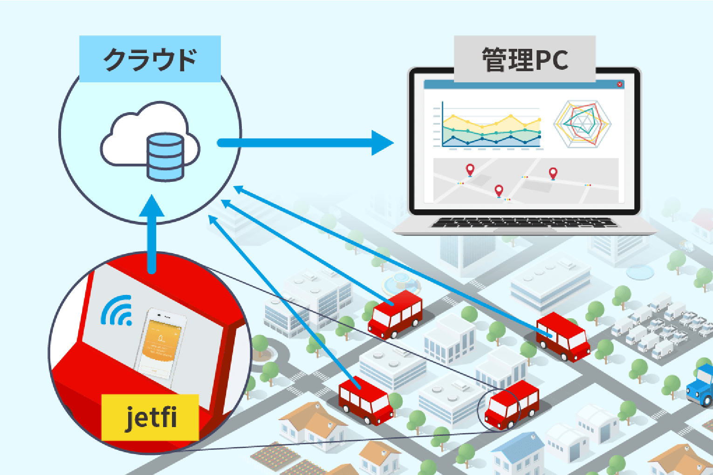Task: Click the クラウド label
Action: tap(150, 59)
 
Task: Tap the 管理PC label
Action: tap(525, 60)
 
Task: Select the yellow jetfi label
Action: tap(150, 417)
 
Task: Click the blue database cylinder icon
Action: tap(165, 157)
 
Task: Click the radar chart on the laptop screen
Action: tap(582, 124)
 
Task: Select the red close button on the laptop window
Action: tap(620, 84)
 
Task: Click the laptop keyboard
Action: tap(524, 223)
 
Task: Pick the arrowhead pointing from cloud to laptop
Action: tap(382, 142)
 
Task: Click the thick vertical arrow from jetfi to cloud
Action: tap(152, 233)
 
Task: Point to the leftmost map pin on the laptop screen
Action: tap(470, 170)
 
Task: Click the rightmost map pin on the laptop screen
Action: tap(553, 174)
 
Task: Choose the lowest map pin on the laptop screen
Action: tap(499, 191)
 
